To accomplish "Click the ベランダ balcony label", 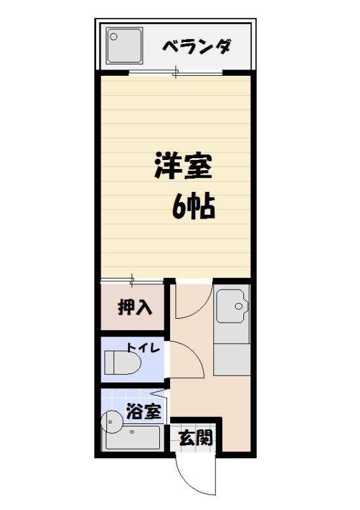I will click(196, 47).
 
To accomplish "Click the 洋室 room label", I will click(183, 167).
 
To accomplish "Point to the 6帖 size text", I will click(192, 206).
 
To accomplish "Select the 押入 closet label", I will click(135, 308).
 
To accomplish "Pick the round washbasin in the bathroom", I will click(112, 421).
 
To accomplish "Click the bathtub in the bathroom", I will click(131, 439).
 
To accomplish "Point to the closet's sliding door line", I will click(132, 280).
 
